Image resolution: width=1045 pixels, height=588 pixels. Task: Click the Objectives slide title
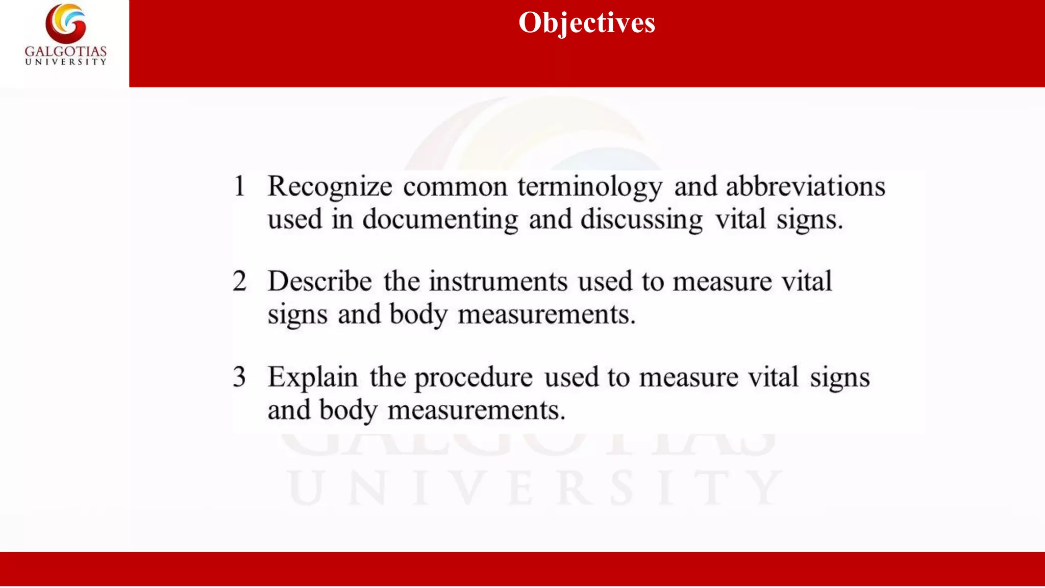[x=587, y=23]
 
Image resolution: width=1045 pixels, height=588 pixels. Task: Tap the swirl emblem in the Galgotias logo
[x=66, y=23]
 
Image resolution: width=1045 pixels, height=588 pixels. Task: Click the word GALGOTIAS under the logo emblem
[x=66, y=52]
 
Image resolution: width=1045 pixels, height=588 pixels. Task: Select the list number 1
[x=239, y=186]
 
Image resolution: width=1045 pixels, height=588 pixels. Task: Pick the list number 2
[x=239, y=281]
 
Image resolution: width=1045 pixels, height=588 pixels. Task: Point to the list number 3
[x=239, y=377]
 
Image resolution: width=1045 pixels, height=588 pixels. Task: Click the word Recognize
[x=330, y=187]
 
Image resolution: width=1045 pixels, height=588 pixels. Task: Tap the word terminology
[x=590, y=187]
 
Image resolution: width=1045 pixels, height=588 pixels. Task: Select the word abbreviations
[x=805, y=186]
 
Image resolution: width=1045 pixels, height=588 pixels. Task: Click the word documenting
[x=440, y=220]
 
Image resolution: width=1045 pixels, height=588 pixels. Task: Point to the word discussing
[x=641, y=220]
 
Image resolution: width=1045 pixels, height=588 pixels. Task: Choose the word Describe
[x=320, y=281]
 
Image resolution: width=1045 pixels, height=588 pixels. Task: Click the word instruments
[x=498, y=282]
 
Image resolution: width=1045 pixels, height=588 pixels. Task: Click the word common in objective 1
[x=455, y=187]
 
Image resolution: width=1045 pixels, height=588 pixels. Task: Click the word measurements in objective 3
[x=477, y=410]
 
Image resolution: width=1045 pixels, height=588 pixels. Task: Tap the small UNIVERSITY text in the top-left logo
[x=66, y=62]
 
